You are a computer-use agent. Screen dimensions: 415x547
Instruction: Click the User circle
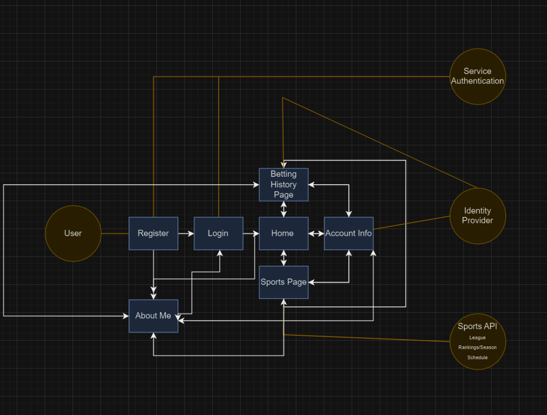[73, 233]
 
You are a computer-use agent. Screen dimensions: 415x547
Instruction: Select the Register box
[153, 233]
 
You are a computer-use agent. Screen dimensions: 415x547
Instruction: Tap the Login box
[218, 233]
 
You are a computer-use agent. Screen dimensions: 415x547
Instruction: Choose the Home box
[283, 233]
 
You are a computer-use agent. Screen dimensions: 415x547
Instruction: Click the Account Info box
[349, 233]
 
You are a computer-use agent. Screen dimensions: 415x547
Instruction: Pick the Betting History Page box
[283, 184]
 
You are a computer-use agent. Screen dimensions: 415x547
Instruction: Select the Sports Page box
[283, 282]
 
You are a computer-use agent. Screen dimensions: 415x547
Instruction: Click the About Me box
[153, 316]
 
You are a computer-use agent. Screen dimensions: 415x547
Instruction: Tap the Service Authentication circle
[477, 76]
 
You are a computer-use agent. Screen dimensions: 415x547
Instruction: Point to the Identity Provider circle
[477, 216]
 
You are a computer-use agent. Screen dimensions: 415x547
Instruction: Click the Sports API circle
[477, 341]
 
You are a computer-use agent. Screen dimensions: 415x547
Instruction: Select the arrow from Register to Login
[186, 233]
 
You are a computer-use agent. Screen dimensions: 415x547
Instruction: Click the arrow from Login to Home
[251, 233]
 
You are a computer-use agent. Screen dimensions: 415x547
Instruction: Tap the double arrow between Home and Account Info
[316, 233]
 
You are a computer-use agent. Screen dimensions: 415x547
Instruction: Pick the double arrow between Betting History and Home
[284, 209]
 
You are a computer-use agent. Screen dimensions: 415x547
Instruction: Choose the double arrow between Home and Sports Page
[284, 258]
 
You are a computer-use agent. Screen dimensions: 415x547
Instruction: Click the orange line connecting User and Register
[115, 233]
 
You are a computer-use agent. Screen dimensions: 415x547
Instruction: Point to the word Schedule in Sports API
[477, 357]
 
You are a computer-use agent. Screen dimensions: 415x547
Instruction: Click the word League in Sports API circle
[477, 338]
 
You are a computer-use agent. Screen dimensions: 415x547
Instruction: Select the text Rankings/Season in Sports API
[477, 347]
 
